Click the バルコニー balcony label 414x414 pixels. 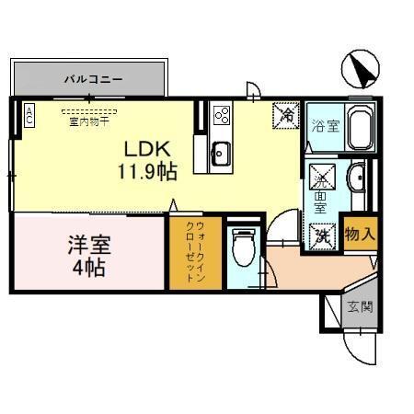[93, 79]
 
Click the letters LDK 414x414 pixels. [145, 148]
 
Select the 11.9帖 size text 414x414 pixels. [147, 170]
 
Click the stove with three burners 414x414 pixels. [222, 116]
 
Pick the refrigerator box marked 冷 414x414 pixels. [287, 115]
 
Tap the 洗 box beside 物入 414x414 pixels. [323, 235]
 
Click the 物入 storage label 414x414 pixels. [360, 235]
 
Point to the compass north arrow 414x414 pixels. [361, 68]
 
